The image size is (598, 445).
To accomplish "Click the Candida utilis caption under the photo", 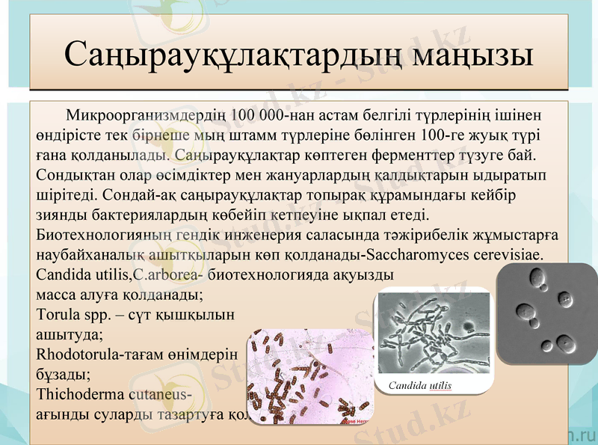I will tap(420, 385).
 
